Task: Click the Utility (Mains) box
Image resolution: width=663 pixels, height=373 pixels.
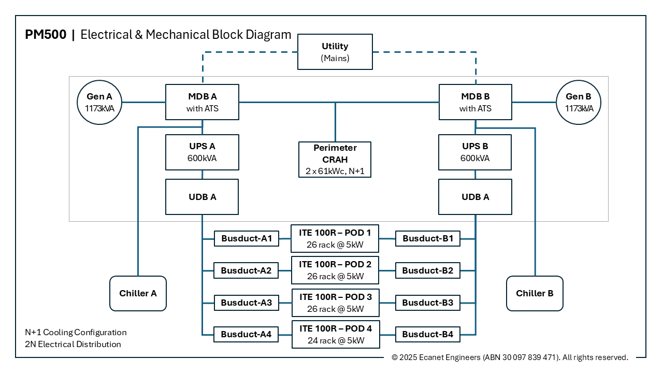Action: [335, 52]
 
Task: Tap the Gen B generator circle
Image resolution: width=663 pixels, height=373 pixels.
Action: [578, 102]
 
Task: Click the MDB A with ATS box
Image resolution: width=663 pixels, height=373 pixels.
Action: [202, 102]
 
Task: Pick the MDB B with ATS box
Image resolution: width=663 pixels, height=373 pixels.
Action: [475, 102]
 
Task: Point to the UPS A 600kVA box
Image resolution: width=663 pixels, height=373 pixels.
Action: [202, 152]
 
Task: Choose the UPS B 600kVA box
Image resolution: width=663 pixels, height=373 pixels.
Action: [475, 152]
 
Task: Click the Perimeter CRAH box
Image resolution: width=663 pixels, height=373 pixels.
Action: [335, 160]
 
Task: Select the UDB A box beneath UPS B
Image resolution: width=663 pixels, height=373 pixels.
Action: [475, 197]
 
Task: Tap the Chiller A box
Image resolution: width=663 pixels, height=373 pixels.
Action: [138, 293]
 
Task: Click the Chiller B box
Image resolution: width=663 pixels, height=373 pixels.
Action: [535, 293]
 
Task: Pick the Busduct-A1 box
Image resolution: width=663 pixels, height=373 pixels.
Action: [247, 239]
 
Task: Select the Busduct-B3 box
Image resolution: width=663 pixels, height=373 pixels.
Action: [427, 303]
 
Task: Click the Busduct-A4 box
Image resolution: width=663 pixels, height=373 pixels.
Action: [247, 334]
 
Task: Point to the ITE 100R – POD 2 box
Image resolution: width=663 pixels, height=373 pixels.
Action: [335, 270]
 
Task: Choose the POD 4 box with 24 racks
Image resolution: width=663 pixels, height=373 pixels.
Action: [335, 334]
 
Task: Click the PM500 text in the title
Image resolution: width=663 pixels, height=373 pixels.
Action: [46, 35]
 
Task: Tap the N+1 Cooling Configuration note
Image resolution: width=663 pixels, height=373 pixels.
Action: [76, 332]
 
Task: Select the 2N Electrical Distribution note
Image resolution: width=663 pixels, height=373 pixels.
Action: [73, 344]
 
